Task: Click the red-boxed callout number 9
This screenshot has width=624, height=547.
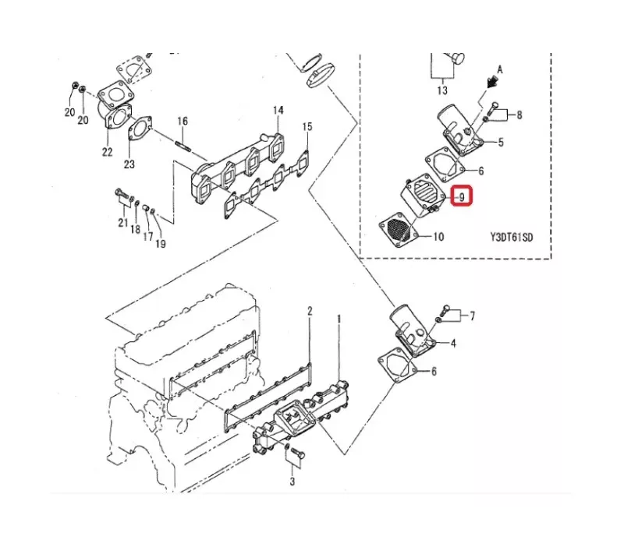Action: [x=462, y=197]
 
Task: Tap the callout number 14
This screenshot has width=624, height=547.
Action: [x=278, y=110]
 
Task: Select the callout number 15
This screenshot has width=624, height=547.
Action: [x=307, y=127]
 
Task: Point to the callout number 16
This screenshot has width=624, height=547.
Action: [x=183, y=121]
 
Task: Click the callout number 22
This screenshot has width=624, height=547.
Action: [x=107, y=152]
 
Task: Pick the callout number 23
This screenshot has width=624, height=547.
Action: [x=129, y=164]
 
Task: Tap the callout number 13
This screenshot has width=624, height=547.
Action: [x=442, y=90]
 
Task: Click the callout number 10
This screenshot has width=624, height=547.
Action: [x=438, y=237]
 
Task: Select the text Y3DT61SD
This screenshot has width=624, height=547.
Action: [x=512, y=238]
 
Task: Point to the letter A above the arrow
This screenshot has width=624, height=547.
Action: [x=500, y=70]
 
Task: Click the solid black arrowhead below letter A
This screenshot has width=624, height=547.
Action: [x=493, y=83]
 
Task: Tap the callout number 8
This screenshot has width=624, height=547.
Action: [x=519, y=115]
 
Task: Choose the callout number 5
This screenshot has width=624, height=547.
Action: [x=501, y=143]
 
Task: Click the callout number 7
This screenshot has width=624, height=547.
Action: [x=472, y=316]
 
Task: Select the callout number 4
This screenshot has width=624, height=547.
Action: [x=453, y=343]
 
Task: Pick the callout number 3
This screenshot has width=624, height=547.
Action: [x=292, y=482]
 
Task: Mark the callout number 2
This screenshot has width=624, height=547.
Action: [x=310, y=311]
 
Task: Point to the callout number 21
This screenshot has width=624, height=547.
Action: [x=122, y=223]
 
